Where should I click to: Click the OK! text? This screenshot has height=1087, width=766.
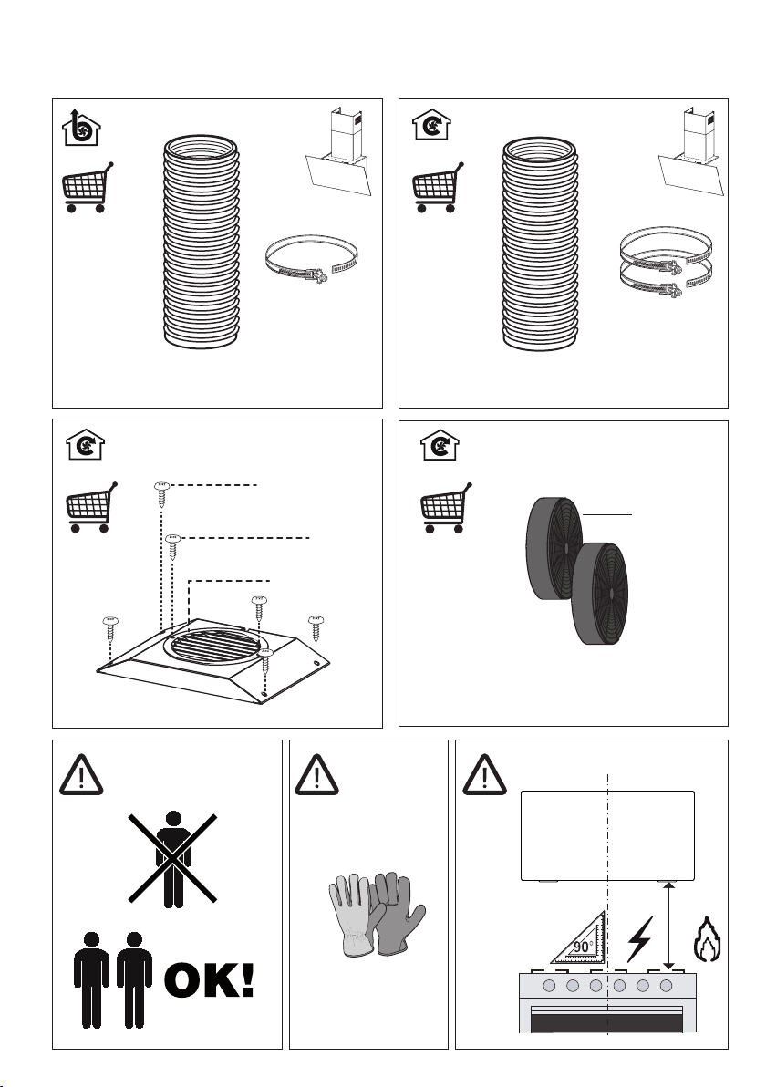tap(209, 983)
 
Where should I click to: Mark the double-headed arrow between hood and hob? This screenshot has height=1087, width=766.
tap(669, 926)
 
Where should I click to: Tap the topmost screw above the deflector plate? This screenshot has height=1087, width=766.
tap(162, 492)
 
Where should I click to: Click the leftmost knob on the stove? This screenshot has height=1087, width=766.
tap(548, 988)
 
